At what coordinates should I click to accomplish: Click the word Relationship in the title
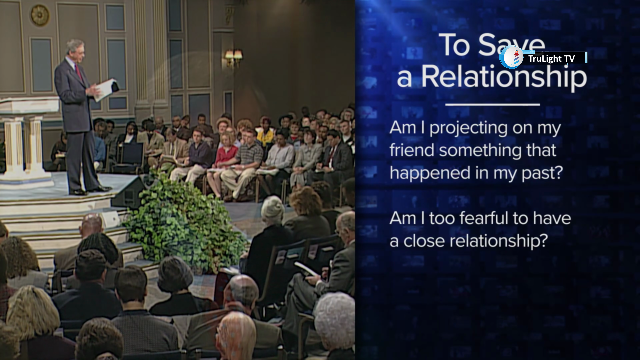(x=504, y=77)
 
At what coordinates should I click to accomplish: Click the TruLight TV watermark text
(x=551, y=59)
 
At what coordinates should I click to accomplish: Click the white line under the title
(x=492, y=104)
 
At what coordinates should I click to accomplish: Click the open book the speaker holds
(x=106, y=89)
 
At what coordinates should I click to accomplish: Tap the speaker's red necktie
(x=78, y=72)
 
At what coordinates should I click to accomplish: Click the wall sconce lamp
(x=234, y=57)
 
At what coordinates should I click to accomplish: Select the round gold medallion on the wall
(x=40, y=15)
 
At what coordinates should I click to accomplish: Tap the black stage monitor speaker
(x=129, y=193)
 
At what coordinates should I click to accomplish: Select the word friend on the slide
(x=412, y=150)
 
